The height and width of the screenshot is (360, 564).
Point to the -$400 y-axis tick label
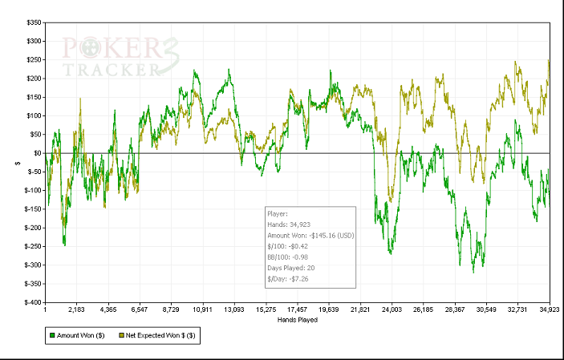click(x=33, y=302)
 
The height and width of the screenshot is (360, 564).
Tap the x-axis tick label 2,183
click(x=77, y=309)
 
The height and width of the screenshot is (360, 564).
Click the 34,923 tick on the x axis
click(x=549, y=309)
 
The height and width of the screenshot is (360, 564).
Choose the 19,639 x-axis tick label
click(x=329, y=309)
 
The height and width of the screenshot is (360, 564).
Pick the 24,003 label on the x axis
click(x=392, y=309)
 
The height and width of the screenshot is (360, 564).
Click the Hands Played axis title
click(x=297, y=319)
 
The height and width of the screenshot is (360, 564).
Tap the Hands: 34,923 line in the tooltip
click(x=289, y=225)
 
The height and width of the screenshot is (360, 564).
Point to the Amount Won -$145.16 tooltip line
click(x=310, y=236)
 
